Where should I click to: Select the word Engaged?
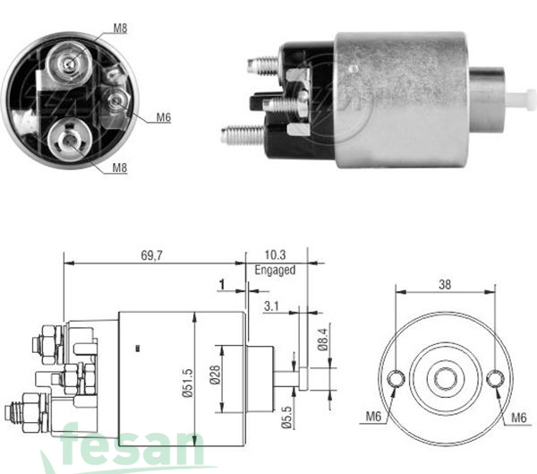tap(277, 269)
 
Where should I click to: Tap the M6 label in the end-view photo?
tap(164, 116)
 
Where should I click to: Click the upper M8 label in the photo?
tap(120, 29)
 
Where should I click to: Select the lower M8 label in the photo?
tap(120, 168)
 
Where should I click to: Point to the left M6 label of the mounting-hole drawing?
tap(373, 416)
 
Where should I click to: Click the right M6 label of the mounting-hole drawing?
tap(518, 416)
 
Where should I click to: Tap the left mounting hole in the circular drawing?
tap(396, 379)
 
